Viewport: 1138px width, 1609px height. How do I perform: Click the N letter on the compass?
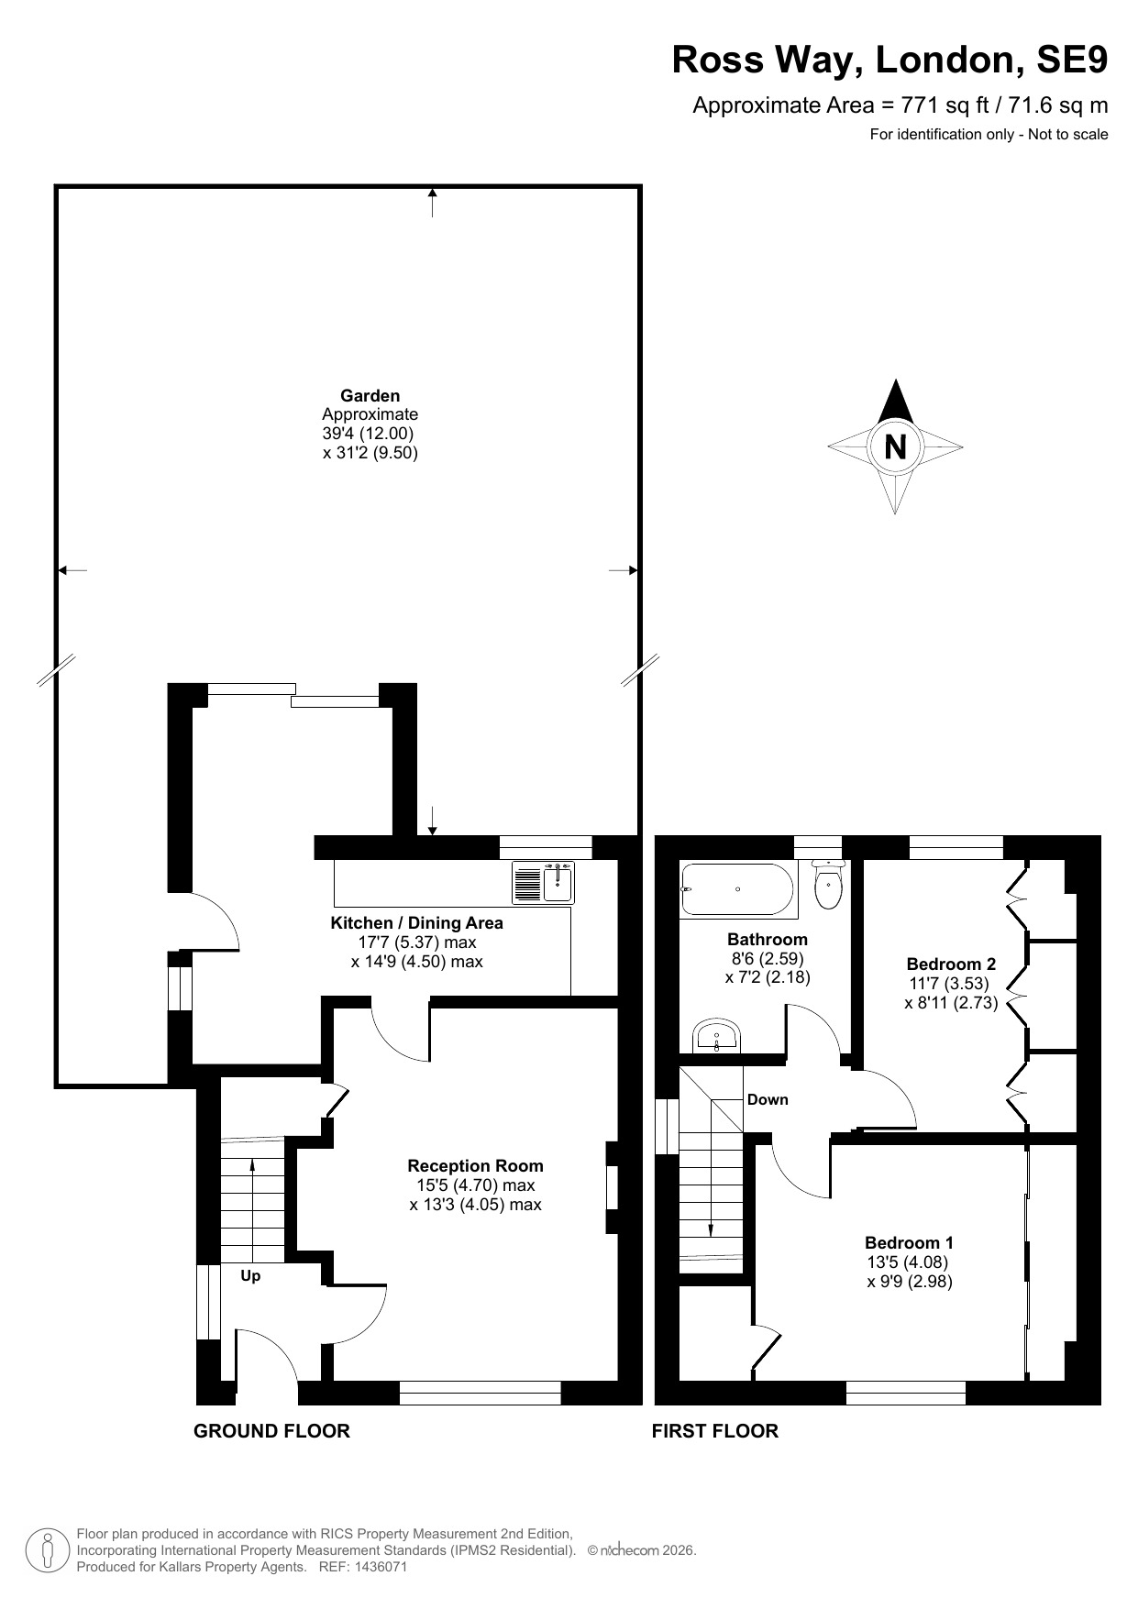coord(895,446)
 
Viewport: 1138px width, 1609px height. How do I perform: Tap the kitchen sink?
coord(543,882)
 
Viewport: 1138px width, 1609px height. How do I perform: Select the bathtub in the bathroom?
coord(736,888)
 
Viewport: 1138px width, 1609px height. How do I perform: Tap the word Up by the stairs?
coord(250,1276)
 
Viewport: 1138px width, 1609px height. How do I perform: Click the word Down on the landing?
coord(768,1099)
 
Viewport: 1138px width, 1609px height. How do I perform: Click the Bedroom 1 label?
coord(909,1243)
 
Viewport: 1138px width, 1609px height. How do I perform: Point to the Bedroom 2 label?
coord(951,964)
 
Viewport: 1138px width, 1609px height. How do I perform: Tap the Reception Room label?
coord(475,1166)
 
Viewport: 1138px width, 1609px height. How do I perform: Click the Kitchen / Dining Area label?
coord(416,923)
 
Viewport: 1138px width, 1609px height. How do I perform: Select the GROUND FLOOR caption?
coord(271,1431)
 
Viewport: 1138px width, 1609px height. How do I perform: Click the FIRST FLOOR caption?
coord(714,1431)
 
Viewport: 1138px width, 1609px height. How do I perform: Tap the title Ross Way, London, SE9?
coord(889,60)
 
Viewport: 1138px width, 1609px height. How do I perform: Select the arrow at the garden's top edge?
coord(433,202)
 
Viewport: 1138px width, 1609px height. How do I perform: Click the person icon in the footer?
coord(49,1550)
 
